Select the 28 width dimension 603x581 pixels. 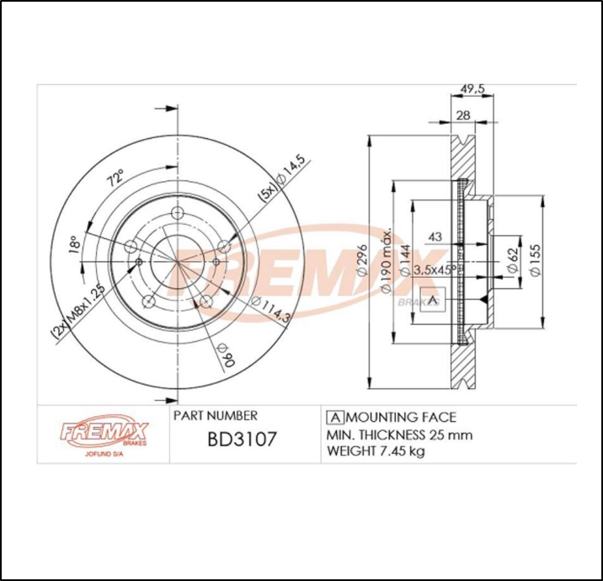point(462,115)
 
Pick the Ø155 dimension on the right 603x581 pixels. point(534,261)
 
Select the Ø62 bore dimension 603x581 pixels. point(510,263)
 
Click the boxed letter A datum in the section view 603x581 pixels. point(433,301)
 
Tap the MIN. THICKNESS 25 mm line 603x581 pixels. point(398,434)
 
